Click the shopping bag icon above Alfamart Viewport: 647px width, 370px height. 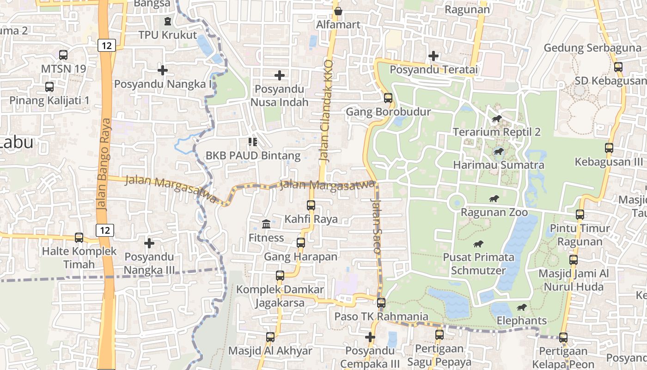coord(338,11)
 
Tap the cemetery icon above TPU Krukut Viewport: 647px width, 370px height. coord(167,21)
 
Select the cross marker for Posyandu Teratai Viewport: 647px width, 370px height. coord(433,56)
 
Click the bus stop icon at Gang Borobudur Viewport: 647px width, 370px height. coord(388,98)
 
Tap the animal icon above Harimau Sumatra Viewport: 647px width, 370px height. coord(498,152)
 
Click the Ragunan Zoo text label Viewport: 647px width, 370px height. coord(494,212)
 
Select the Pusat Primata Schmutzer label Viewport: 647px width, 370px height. coord(478,263)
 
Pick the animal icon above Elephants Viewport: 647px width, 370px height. coord(521,308)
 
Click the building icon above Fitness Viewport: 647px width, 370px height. coord(266,224)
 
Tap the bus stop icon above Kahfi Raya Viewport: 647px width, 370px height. coord(311,205)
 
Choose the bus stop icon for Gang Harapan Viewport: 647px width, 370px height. coord(301,242)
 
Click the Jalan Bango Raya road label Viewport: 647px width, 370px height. coord(105,165)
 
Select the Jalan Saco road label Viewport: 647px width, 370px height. coord(376,225)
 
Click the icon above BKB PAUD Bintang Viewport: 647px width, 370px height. coord(253,142)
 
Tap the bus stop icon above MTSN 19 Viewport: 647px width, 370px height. coord(63,55)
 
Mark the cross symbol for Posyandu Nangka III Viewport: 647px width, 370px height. coord(149,243)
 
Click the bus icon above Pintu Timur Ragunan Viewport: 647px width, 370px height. coord(580,215)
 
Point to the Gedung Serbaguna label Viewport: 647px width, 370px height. coord(592,48)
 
